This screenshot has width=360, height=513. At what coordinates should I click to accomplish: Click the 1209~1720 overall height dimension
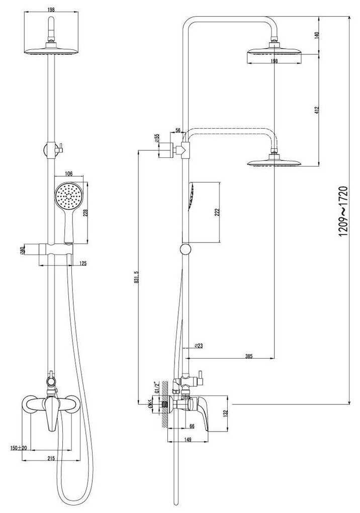[x=343, y=211]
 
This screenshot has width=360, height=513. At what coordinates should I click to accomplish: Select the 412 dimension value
[x=316, y=110]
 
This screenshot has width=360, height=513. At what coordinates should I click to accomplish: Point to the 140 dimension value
[x=316, y=36]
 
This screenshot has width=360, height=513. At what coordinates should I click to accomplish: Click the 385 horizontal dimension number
[x=248, y=356]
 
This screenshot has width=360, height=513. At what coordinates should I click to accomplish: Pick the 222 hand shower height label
[x=217, y=212]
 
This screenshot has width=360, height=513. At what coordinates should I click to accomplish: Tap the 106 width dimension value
[x=69, y=174]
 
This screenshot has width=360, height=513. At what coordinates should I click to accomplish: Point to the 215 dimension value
[x=51, y=458]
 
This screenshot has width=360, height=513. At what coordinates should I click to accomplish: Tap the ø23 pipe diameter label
[x=198, y=346]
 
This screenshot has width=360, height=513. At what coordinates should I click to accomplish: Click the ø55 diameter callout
[x=157, y=138]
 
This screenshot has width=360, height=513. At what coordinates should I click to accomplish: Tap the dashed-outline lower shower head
[x=274, y=163]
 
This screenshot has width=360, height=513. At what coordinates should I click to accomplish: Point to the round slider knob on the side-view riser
[x=186, y=248]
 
